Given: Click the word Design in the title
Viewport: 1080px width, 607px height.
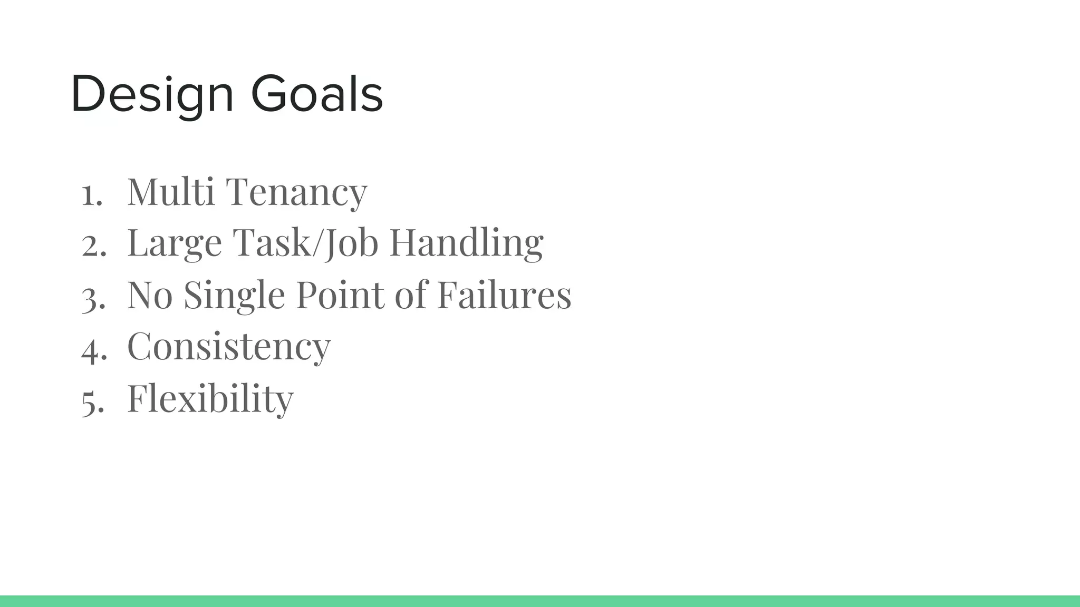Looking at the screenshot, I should (152, 95).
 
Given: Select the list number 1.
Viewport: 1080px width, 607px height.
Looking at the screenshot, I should (92, 194).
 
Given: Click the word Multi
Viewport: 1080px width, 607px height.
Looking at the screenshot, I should (171, 191).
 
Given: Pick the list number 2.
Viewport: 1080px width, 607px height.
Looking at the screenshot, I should (94, 245).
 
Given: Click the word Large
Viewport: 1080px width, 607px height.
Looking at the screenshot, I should (175, 243).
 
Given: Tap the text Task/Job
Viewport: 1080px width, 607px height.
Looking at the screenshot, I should (305, 243).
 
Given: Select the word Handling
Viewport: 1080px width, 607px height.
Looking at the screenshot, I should (466, 243).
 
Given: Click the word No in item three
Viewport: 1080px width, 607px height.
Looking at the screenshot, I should (150, 295).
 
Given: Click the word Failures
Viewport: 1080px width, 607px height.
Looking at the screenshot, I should (504, 295).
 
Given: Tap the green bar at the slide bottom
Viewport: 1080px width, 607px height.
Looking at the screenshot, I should (540, 601).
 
